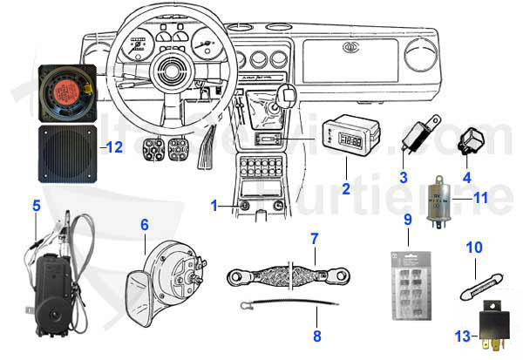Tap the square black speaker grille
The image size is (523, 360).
pyautogui.click(x=69, y=156)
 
